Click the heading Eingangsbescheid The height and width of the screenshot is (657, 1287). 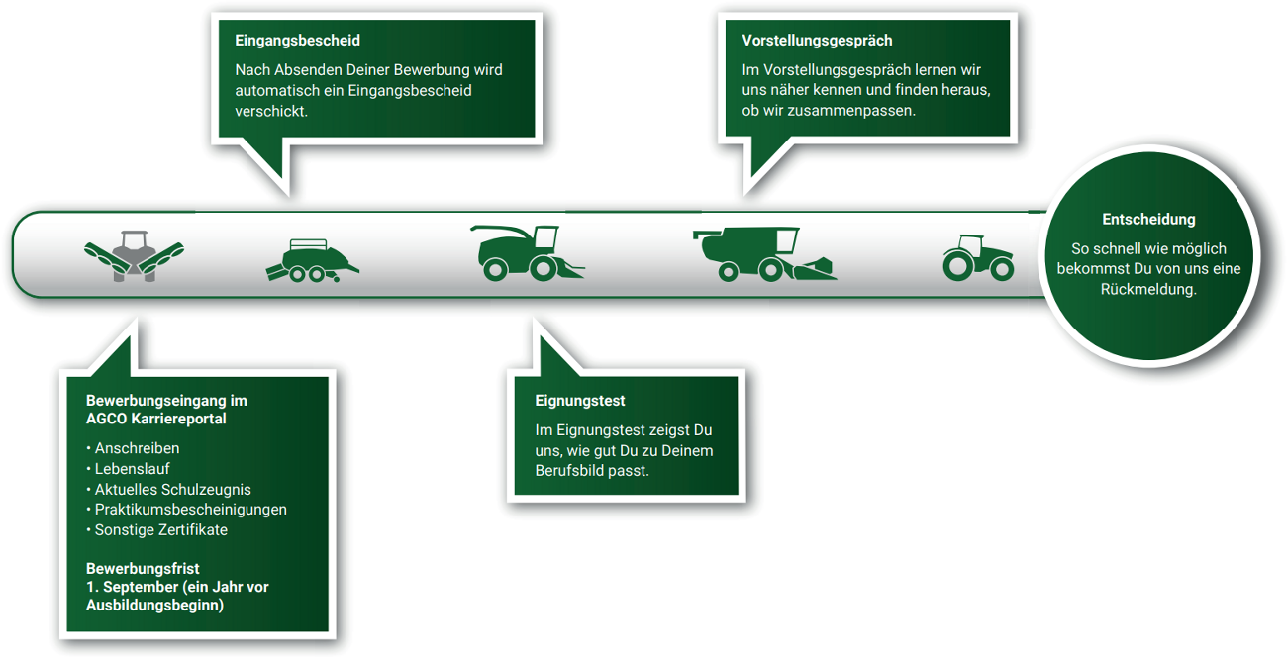pyautogui.click(x=297, y=41)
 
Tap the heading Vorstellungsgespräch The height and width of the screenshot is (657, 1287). pyautogui.click(x=817, y=41)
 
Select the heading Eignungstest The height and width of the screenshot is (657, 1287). pyautogui.click(x=580, y=401)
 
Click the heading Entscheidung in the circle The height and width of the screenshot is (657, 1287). pyautogui.click(x=1148, y=219)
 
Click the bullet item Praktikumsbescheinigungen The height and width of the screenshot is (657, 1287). pyautogui.click(x=190, y=510)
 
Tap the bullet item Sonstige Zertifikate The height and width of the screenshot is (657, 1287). pyautogui.click(x=160, y=530)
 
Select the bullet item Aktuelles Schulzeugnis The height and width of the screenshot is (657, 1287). pyautogui.click(x=172, y=490)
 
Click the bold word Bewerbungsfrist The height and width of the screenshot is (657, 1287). pyautogui.click(x=143, y=569)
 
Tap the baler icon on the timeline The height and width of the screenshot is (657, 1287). pyautogui.click(x=312, y=261)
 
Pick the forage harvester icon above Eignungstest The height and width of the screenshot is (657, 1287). pyautogui.click(x=525, y=253)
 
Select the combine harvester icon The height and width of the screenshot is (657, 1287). pyautogui.click(x=762, y=255)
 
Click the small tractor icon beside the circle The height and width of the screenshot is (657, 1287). pyautogui.click(x=978, y=257)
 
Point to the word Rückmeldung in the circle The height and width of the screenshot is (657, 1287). pyautogui.click(x=1148, y=289)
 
